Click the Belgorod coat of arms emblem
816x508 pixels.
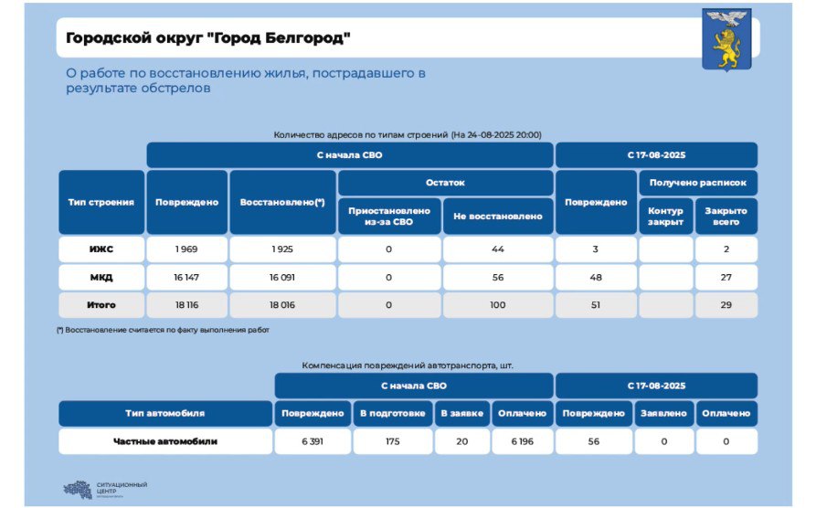726,40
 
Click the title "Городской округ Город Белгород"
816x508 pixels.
207,38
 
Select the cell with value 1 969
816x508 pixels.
186,249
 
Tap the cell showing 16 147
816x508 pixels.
186,277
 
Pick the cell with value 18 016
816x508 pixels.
282,304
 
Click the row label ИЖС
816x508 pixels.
101,249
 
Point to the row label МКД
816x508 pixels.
101,277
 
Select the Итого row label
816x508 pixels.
101,304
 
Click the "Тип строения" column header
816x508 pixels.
101,202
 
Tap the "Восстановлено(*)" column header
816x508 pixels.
282,202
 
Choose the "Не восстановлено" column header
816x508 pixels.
498,217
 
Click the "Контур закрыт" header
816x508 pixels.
665,217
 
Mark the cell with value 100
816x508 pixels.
498,304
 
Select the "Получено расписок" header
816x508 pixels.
697,183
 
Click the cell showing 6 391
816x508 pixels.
313,441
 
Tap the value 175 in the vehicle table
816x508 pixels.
393,441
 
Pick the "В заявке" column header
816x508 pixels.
462,414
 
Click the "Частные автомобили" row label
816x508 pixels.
165,441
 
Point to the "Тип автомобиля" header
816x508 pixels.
165,414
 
